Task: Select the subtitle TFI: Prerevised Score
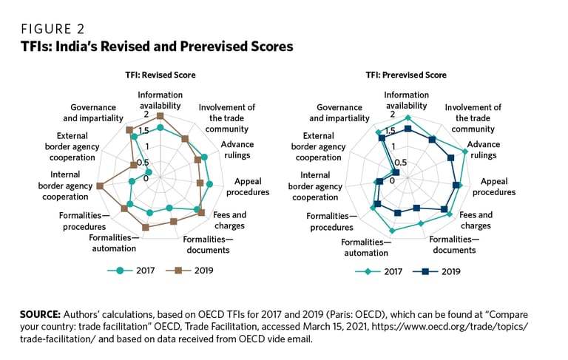(x=406, y=75)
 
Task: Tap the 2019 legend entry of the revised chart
(x=190, y=271)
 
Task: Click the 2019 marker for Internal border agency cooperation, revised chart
(x=100, y=186)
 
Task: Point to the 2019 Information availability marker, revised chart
(x=160, y=116)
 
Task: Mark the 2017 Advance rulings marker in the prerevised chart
(x=465, y=152)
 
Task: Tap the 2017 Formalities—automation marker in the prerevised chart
(x=393, y=231)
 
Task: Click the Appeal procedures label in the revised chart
(x=248, y=186)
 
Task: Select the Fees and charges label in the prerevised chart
(x=475, y=220)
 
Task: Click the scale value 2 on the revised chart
(x=146, y=115)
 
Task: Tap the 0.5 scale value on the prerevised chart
(x=400, y=163)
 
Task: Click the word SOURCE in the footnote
(x=41, y=314)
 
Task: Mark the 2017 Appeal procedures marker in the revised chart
(x=209, y=184)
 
